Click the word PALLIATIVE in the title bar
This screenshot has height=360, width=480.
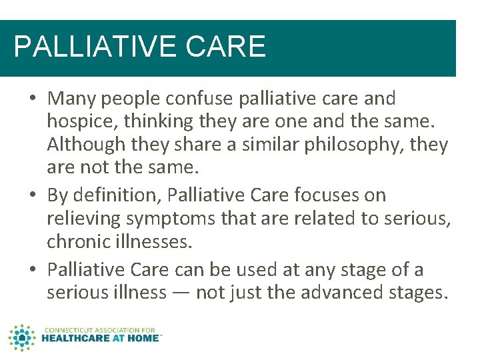pos(86,47)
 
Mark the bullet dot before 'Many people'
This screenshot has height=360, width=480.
pos(33,99)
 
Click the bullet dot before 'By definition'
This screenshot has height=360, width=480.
pos(33,196)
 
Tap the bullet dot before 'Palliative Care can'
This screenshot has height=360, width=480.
pos(33,271)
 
